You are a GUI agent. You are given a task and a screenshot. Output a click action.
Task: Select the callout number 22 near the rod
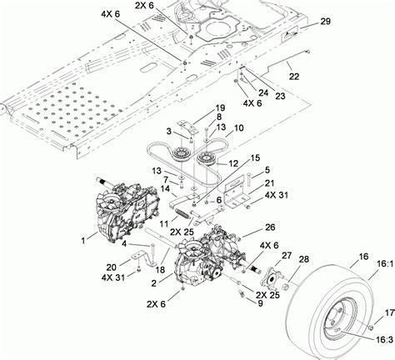[293, 76]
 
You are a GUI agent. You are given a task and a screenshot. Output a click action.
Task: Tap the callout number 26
[270, 226]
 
